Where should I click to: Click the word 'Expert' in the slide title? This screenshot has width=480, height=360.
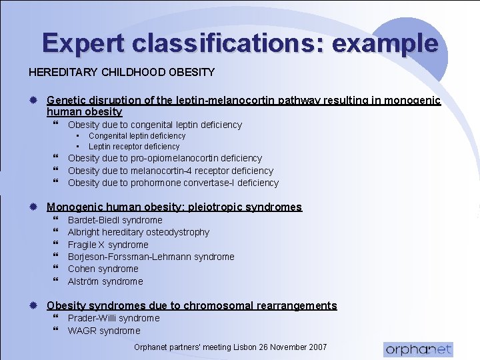coord(84,43)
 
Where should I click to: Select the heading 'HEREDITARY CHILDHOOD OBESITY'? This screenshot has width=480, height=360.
coord(121,72)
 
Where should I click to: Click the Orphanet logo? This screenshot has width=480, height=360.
coord(418,349)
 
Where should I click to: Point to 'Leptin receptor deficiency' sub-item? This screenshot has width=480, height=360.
coord(134,147)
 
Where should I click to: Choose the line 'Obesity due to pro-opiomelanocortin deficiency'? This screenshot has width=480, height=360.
coord(165,159)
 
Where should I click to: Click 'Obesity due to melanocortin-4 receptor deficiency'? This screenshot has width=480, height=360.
coord(170,171)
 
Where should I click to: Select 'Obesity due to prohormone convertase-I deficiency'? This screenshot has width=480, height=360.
coord(173,183)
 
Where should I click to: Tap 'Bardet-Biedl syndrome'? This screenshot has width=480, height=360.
coord(115,220)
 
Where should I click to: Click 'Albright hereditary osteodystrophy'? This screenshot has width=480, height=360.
coord(138,232)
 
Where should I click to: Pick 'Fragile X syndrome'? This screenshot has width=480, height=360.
coord(107,245)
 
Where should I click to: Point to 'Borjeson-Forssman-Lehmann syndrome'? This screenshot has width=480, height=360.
coord(151,257)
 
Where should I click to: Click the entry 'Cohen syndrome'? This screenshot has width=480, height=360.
coord(103,269)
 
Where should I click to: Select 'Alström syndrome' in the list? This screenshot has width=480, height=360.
coord(105,281)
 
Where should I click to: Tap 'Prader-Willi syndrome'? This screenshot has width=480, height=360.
coord(113,318)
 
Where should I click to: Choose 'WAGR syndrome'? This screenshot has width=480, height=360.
coord(104,331)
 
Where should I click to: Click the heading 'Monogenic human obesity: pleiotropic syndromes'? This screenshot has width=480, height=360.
coord(174,207)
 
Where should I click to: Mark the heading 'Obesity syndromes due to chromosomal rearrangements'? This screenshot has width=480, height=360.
coord(191,305)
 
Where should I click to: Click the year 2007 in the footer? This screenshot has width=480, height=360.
coord(317,347)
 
